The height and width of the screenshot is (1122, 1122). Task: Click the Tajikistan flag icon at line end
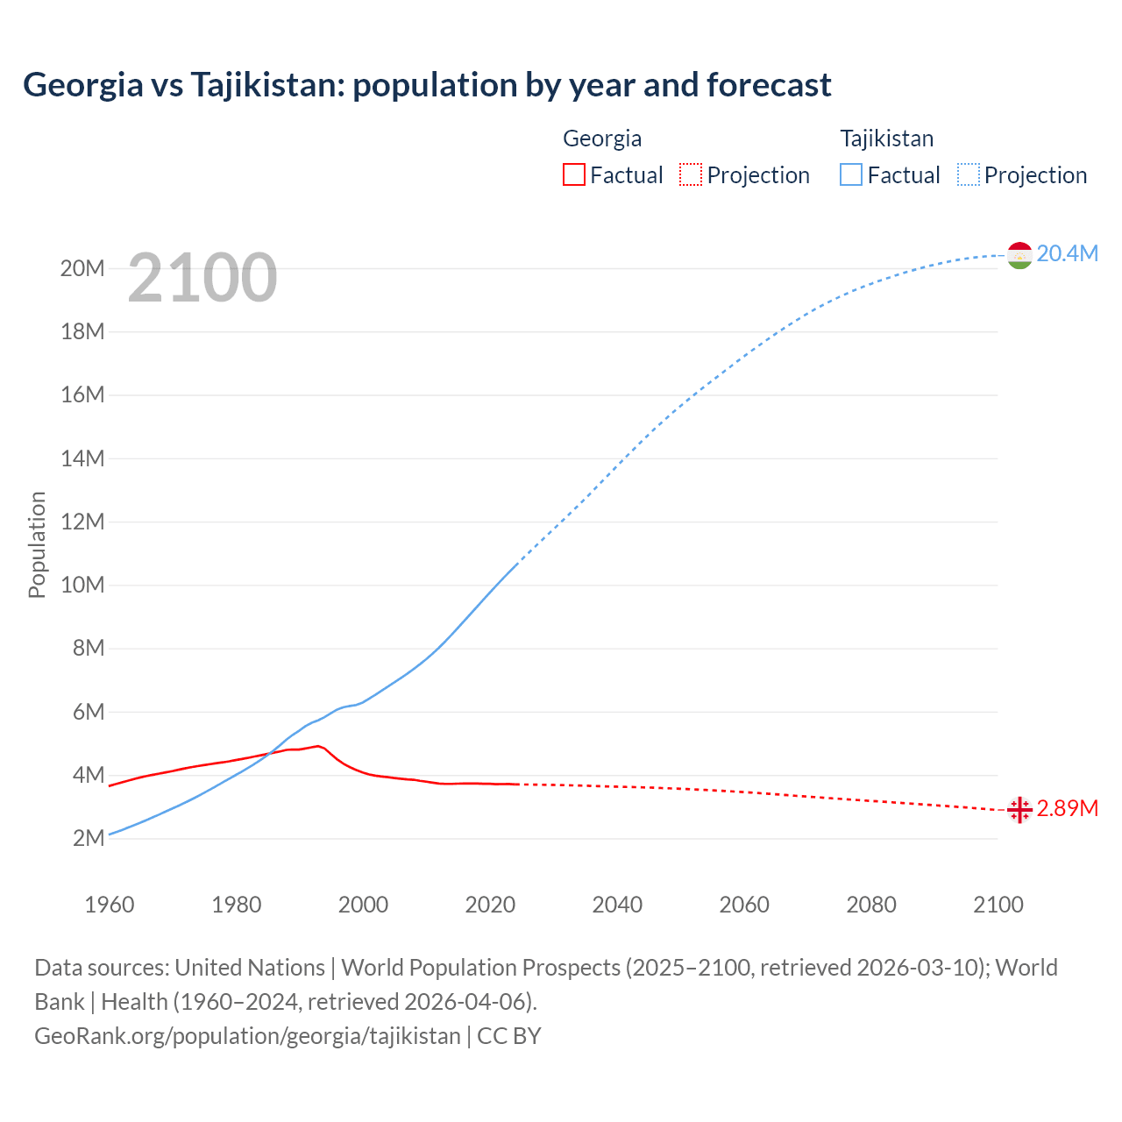(1019, 255)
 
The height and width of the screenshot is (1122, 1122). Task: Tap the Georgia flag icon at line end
(1019, 810)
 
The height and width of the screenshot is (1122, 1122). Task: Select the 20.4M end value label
(1067, 253)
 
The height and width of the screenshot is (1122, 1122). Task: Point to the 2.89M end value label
(1067, 808)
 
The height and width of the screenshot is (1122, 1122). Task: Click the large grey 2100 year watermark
(202, 278)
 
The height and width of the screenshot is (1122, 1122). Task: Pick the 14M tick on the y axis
(82, 458)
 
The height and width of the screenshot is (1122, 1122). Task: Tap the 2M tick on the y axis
(89, 838)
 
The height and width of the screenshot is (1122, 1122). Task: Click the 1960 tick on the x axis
(110, 905)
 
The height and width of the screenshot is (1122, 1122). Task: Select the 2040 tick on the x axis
(617, 905)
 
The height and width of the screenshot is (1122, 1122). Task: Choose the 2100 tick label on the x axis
(998, 905)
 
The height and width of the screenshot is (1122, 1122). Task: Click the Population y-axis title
(37, 544)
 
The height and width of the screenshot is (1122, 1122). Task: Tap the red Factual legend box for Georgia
(574, 174)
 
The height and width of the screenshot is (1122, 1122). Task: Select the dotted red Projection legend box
(691, 174)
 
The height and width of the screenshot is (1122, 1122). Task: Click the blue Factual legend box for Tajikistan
(851, 174)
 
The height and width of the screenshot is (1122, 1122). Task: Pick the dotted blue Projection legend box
(969, 174)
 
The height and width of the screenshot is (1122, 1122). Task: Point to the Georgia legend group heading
(602, 138)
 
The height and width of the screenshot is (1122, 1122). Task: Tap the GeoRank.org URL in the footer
(247, 1035)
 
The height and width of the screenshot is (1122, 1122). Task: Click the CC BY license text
(509, 1035)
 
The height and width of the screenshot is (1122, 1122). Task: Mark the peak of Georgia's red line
(318, 746)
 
